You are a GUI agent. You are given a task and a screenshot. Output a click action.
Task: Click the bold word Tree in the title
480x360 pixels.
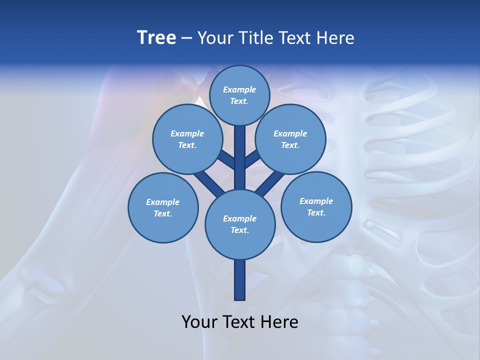pos(156,38)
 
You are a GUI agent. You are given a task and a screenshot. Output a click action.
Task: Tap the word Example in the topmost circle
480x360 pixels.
pos(239,90)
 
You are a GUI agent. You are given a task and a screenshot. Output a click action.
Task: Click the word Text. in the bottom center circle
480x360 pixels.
pos(239,230)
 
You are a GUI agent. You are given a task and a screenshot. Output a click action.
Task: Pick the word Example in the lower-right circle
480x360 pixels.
pos(316,201)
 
